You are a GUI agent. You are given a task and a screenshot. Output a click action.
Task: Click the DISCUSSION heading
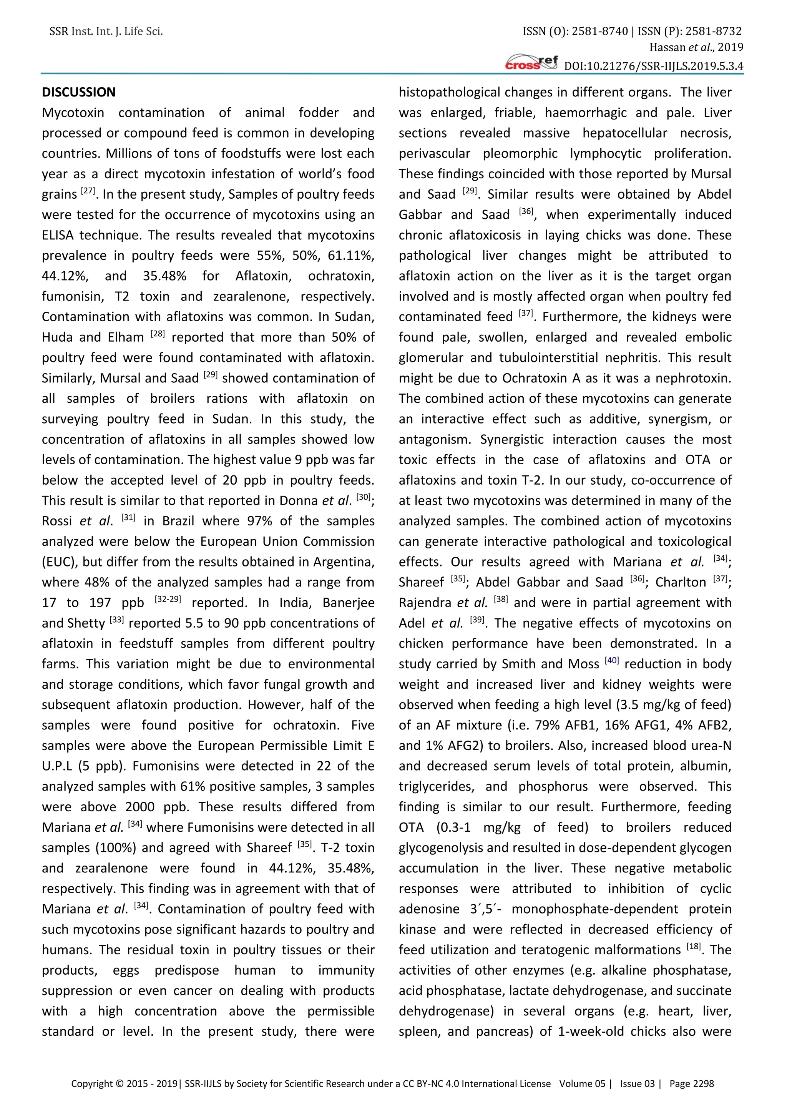[x=78, y=92]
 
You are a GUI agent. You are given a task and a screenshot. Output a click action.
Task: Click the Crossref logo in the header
[x=531, y=63]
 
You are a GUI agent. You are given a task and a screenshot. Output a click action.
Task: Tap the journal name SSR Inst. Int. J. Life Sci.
[x=106, y=32]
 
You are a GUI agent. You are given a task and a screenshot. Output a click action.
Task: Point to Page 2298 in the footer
[x=692, y=1083]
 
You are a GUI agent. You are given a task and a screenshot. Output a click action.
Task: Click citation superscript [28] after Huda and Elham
[x=158, y=334]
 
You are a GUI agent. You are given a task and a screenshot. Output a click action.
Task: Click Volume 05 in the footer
[x=582, y=1083]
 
